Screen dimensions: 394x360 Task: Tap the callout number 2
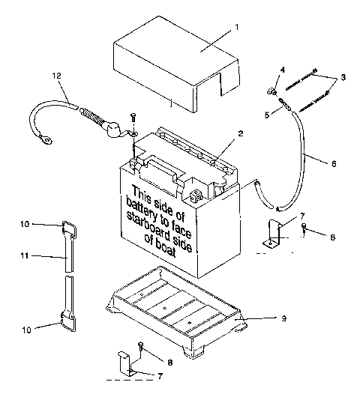point(241,133)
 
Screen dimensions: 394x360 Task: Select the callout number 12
point(55,76)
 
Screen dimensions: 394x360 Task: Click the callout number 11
point(25,255)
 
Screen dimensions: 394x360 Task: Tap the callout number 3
point(342,76)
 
